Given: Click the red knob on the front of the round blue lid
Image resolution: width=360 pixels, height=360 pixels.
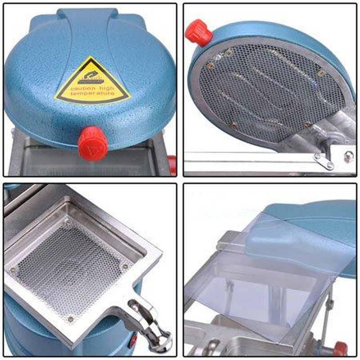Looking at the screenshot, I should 92,143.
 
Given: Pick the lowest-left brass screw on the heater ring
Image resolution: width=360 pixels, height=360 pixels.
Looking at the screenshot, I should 233,126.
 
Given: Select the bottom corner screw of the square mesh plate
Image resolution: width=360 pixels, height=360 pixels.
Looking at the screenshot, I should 70,319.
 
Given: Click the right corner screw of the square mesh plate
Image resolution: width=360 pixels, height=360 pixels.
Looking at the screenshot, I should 125,266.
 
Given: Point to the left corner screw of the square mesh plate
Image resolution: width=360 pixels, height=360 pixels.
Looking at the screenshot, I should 13,270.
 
